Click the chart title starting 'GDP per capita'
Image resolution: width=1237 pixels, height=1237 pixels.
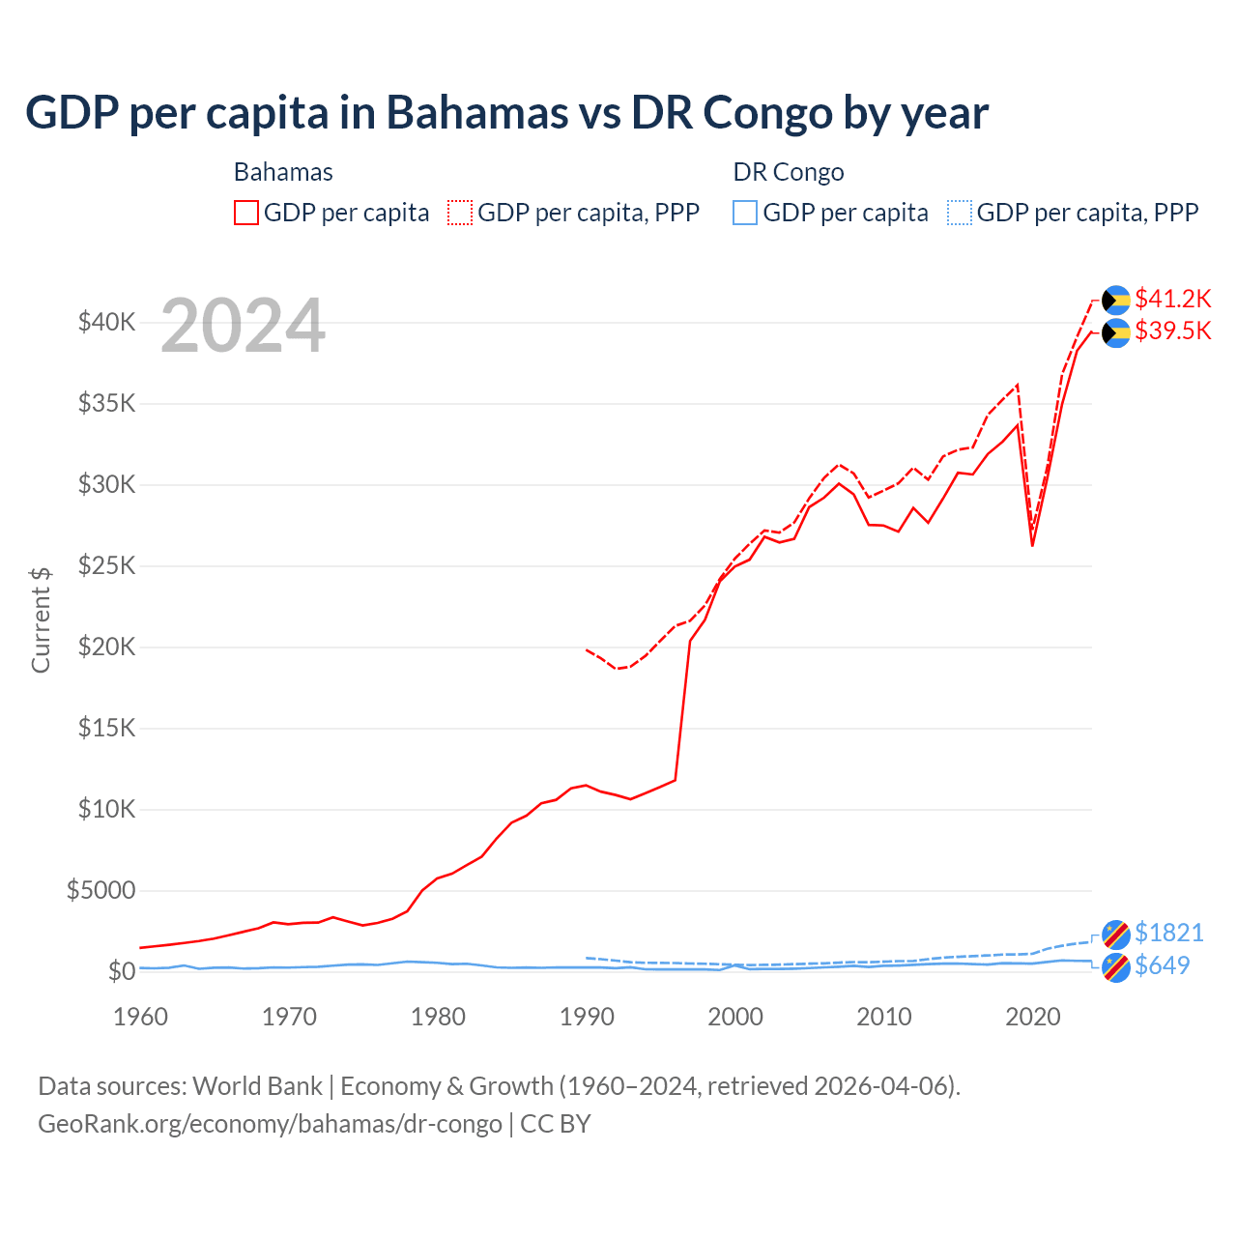tap(506, 112)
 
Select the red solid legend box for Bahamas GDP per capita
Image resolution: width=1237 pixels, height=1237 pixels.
tap(246, 213)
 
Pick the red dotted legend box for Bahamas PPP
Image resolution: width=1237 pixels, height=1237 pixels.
tap(460, 213)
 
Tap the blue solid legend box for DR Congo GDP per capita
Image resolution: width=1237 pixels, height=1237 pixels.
tap(745, 213)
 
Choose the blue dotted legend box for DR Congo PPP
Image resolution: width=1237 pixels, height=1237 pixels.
tap(960, 213)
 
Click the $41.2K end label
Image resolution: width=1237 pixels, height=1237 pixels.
tap(1172, 299)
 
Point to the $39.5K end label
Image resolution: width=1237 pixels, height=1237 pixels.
tap(1172, 331)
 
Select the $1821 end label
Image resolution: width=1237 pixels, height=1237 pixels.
tap(1168, 933)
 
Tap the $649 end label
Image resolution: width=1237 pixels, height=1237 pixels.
tap(1162, 965)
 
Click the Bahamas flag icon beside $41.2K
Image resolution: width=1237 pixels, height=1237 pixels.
tap(1116, 300)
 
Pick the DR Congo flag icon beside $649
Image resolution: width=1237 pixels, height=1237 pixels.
tap(1116, 966)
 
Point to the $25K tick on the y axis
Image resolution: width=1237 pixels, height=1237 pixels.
tap(106, 565)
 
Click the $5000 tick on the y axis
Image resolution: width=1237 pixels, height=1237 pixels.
tap(101, 890)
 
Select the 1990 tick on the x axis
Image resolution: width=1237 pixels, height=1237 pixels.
tap(587, 1017)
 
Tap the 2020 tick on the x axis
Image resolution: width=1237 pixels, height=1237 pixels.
tap(1033, 1017)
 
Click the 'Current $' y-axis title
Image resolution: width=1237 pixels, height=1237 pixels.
tap(41, 620)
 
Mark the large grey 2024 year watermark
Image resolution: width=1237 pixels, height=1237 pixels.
tap(243, 327)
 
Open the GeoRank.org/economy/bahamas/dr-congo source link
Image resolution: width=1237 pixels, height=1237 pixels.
tap(270, 1124)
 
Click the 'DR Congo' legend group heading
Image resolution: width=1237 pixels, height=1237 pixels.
tap(789, 172)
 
